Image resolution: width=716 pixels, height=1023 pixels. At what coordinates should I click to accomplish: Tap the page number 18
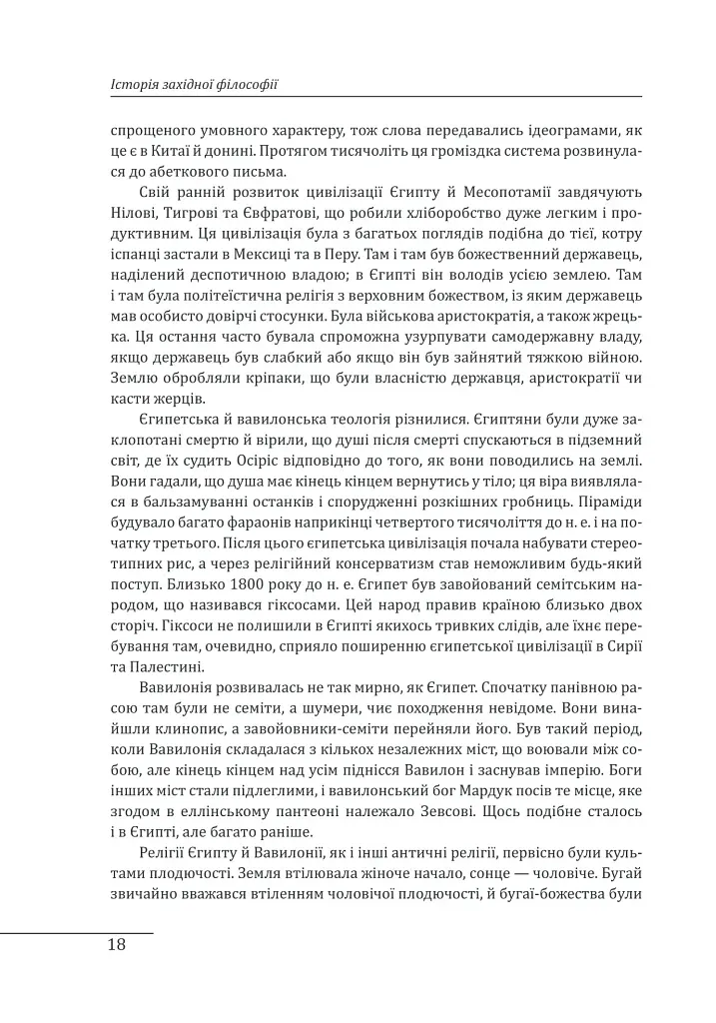coord(117,945)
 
